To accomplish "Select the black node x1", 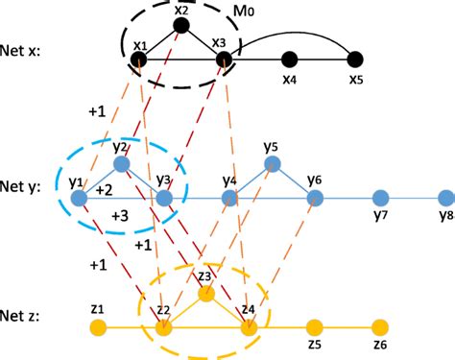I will coord(139,60).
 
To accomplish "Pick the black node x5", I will coord(355,60).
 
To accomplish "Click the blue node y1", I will coord(80,198).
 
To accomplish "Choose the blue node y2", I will coord(120,163).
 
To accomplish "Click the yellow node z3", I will coord(204,294).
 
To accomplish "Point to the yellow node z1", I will coord(97,327).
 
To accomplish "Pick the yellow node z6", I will coord(380,327).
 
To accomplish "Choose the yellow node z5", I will coord(313,327).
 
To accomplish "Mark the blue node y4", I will coord(228,198).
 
